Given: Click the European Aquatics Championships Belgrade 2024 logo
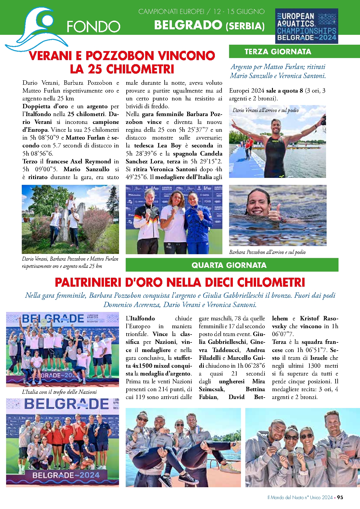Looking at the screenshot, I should (x=306, y=26).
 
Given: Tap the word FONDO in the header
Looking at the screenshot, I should (x=93, y=27).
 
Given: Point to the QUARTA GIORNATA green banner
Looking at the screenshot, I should (x=232, y=265).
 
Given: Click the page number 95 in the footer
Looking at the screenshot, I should (x=340, y=497).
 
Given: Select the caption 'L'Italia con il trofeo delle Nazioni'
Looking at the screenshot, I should (x=59, y=392).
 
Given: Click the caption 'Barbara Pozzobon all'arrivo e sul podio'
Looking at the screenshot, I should (x=267, y=252).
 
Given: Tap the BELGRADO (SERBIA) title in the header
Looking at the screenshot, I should (x=209, y=26).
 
